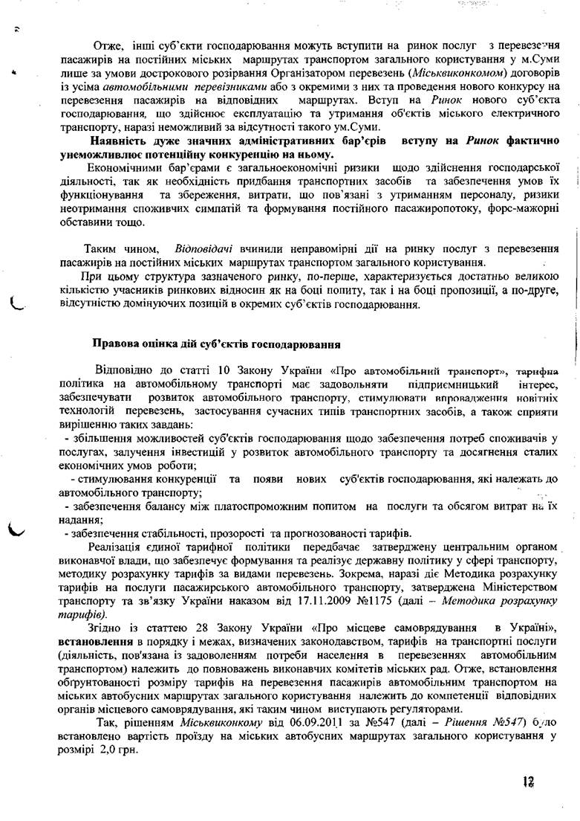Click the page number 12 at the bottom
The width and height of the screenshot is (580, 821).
pyautogui.click(x=528, y=782)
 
